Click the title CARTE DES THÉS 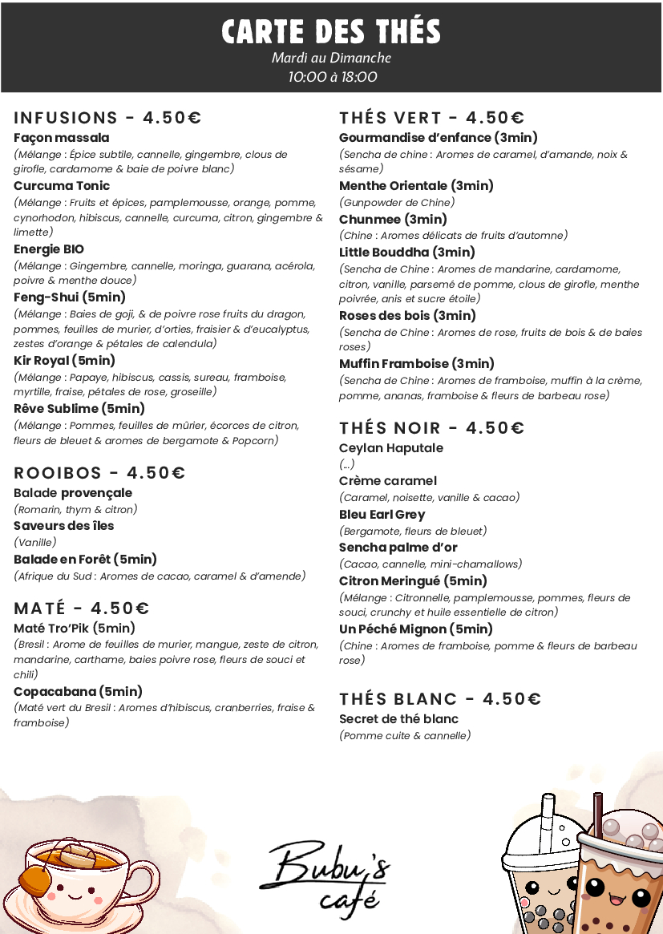click(331, 32)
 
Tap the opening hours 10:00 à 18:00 click(332, 77)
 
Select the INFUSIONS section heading click(107, 118)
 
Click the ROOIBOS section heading click(99, 473)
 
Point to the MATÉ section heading click(81, 609)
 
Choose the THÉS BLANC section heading click(440, 698)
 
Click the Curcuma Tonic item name click(62, 186)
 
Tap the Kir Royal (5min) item click(65, 361)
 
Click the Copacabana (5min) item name click(78, 691)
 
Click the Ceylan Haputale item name click(391, 448)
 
